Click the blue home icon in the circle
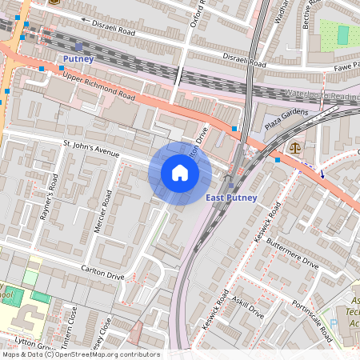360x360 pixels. [x=180, y=173]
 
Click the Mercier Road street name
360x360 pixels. [x=99, y=212]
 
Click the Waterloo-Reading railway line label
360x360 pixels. [x=320, y=96]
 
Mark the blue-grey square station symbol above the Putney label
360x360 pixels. [x=78, y=47]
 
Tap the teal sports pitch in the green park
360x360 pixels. [x=343, y=34]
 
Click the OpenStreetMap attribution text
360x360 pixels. [x=80, y=354]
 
